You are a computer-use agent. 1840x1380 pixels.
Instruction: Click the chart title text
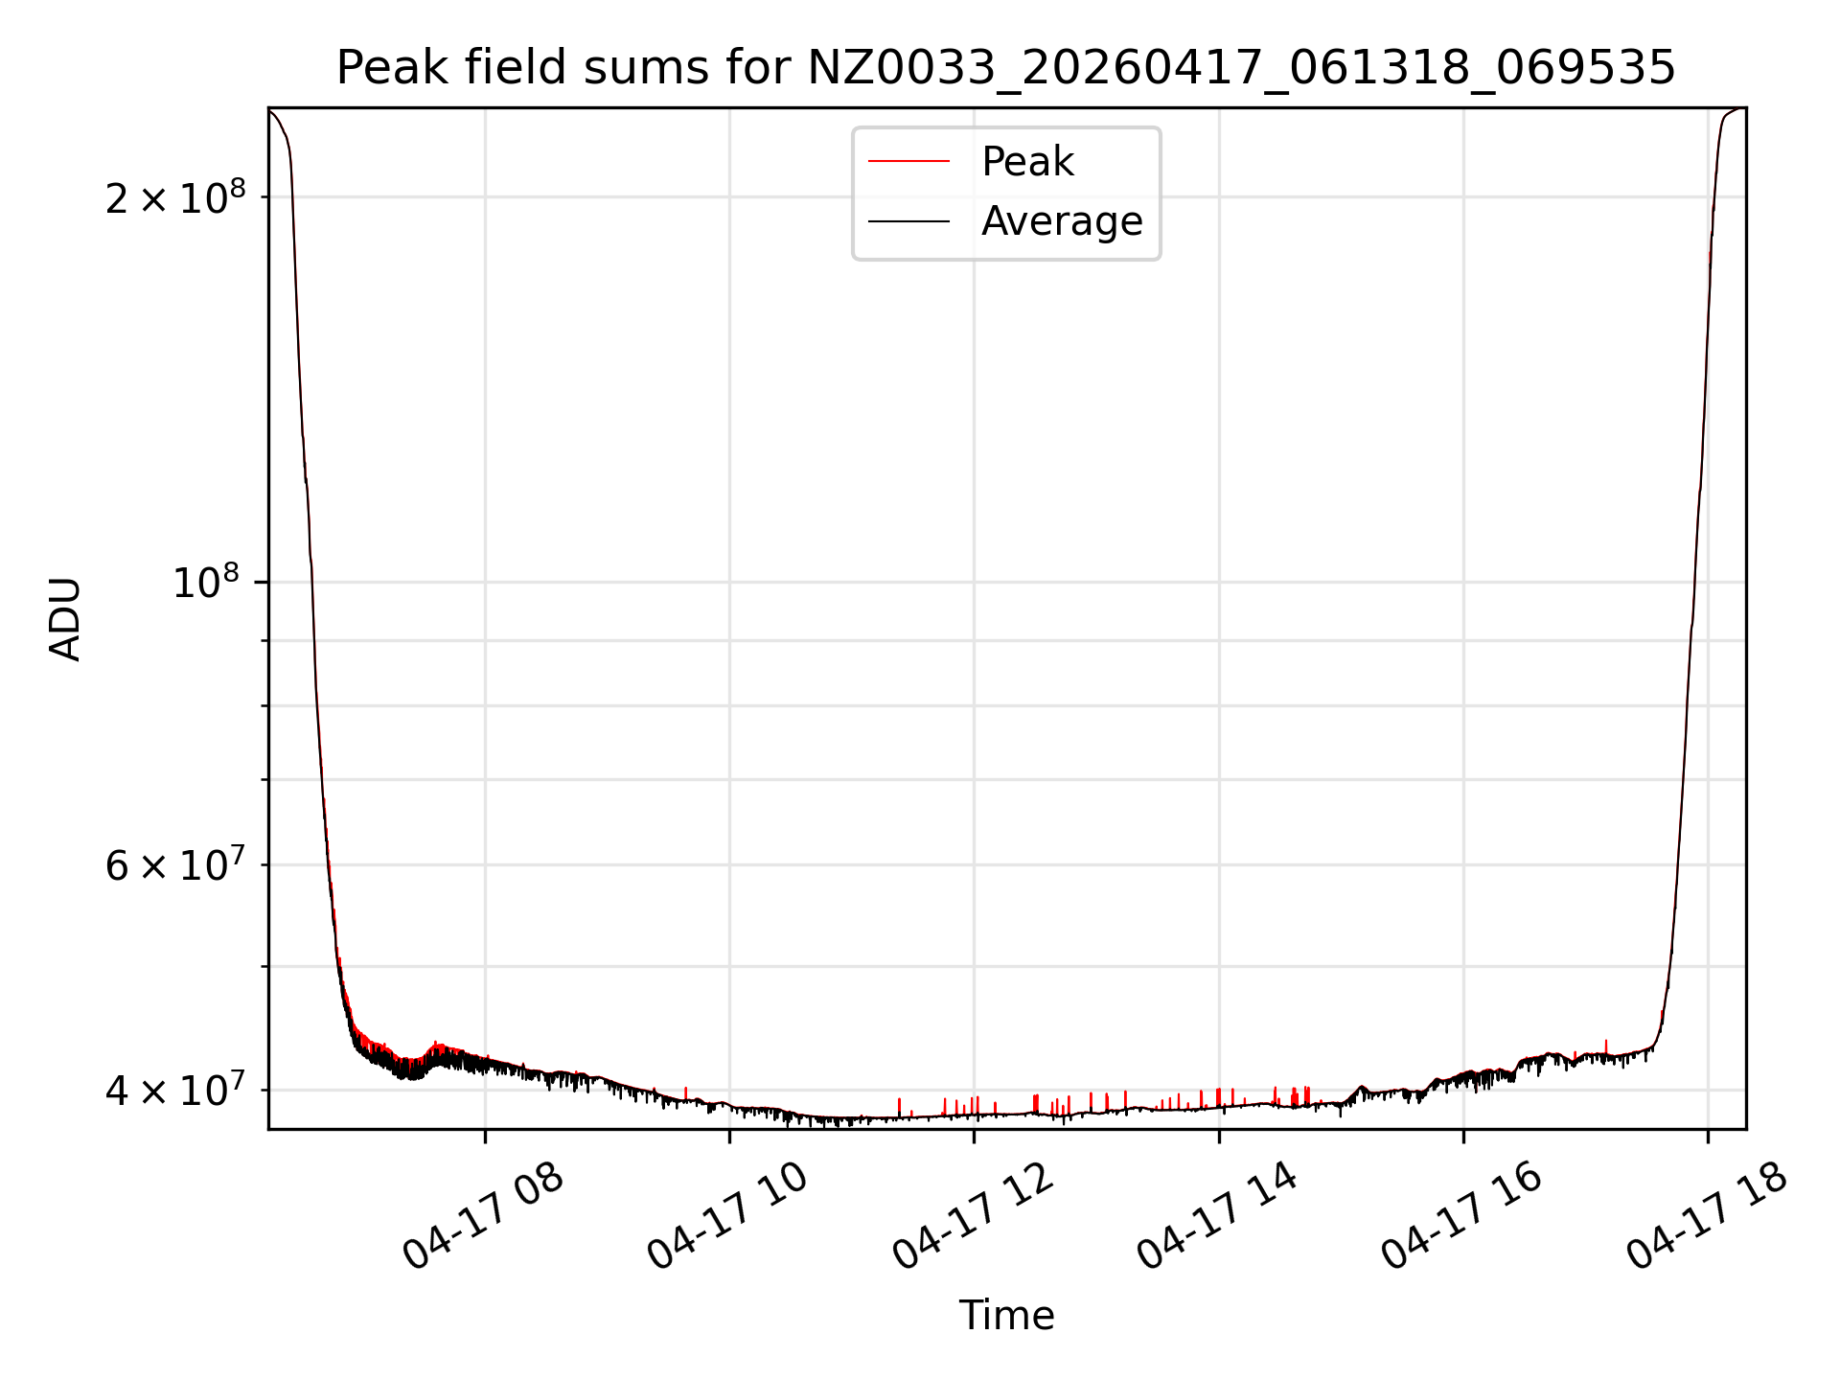point(1005,68)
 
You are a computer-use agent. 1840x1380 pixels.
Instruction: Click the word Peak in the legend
point(1027,161)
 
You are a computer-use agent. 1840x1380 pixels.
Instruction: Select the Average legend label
point(1062,221)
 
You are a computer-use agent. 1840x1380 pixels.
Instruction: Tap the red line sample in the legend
point(908,161)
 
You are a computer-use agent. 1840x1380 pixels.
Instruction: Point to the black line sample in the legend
point(908,221)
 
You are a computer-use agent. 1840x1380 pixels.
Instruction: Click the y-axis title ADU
point(65,619)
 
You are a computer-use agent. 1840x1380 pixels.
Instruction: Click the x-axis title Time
point(1006,1316)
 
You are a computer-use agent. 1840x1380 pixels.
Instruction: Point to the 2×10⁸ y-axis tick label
point(175,197)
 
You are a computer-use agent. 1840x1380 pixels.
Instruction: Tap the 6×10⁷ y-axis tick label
point(175,864)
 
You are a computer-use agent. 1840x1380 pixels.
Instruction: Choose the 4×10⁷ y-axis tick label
point(175,1090)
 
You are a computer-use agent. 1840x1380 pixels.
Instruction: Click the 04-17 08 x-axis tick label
point(483,1216)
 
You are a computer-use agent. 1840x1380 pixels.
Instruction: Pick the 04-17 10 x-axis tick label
point(728,1216)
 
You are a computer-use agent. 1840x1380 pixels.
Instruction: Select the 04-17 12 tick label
point(973,1216)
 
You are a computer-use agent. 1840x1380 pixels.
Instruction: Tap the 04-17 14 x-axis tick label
point(1217,1216)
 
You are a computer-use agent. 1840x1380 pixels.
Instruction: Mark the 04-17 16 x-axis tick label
point(1461,1216)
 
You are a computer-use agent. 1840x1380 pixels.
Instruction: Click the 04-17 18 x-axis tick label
point(1707,1216)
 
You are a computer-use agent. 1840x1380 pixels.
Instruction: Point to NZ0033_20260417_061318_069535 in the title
point(1241,68)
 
